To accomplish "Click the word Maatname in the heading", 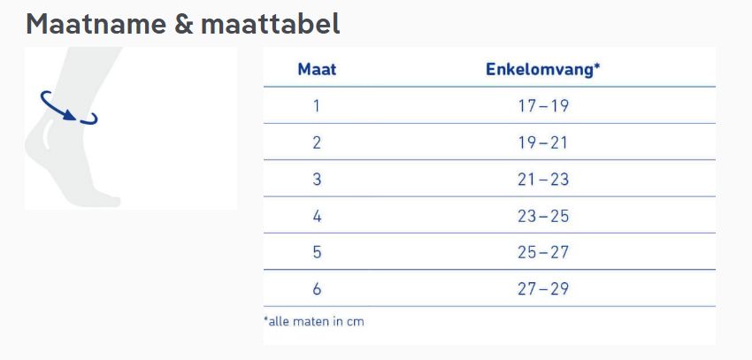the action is [x=96, y=24].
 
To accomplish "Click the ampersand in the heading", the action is [x=184, y=25].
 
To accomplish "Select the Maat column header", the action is [x=317, y=69].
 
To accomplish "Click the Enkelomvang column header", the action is [x=543, y=69].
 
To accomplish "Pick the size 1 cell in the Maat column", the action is [x=316, y=105].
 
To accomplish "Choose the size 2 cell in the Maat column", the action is [x=317, y=142].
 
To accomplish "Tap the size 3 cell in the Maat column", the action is [x=317, y=180].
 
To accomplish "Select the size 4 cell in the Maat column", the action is [x=317, y=216].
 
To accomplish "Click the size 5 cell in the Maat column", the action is [x=317, y=252].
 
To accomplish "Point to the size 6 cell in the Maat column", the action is [x=317, y=289].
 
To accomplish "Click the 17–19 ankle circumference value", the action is [x=543, y=105].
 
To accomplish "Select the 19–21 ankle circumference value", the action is [x=543, y=142].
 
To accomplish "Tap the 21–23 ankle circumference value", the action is [x=543, y=180].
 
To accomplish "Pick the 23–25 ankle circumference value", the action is [x=543, y=216].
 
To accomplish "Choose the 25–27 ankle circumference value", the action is [x=543, y=252].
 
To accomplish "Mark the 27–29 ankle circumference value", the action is [x=543, y=289].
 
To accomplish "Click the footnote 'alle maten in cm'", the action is [x=314, y=321].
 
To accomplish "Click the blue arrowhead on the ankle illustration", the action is [x=70, y=115].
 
